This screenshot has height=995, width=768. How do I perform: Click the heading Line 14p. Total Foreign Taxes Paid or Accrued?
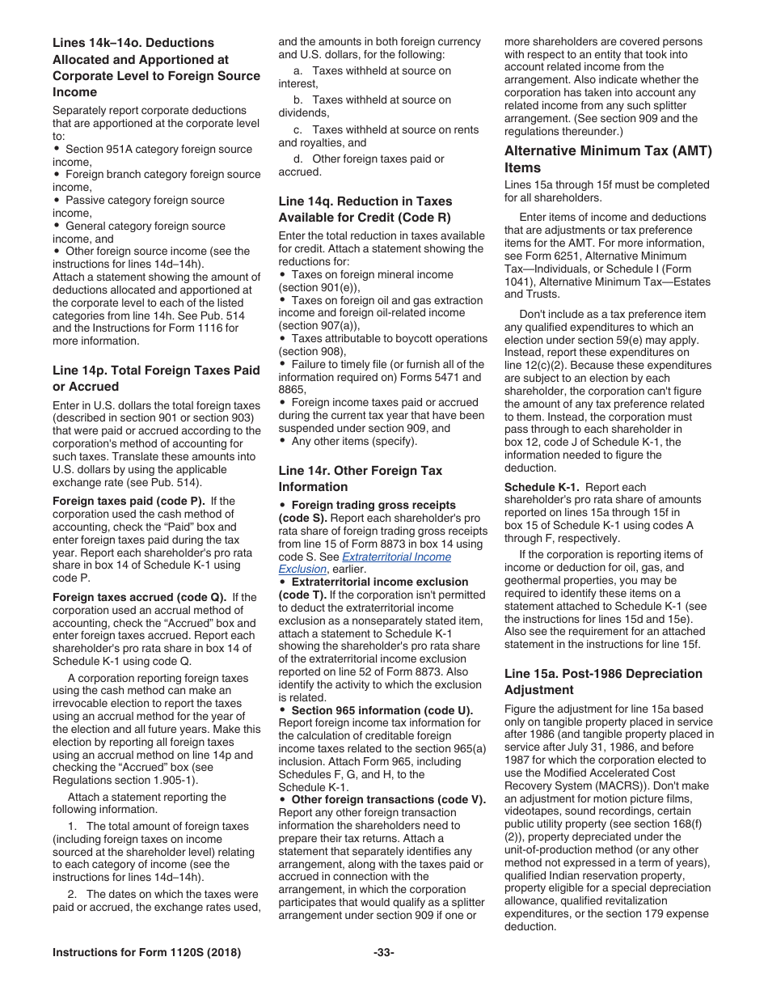pos(156,378)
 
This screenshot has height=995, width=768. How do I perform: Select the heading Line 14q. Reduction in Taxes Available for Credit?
pos(365,209)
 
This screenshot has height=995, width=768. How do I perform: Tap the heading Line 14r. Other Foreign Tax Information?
pos(360,478)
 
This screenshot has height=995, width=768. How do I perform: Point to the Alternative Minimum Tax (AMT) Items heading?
pos(608,159)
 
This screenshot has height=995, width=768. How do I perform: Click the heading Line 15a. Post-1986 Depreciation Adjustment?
pos(603,681)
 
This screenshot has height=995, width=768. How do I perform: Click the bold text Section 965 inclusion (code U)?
pos(384,710)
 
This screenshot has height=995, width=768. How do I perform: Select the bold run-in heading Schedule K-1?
pos(541,487)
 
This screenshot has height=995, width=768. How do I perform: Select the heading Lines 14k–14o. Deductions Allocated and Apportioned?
pos(156,67)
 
